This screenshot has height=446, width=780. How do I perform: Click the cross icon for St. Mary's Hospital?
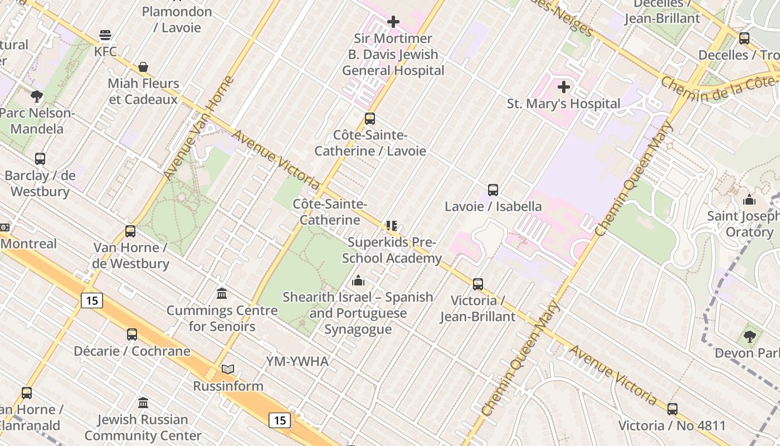564,87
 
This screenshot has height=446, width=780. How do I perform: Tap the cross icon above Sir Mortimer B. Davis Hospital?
393,22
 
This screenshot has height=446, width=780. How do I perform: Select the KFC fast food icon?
105,36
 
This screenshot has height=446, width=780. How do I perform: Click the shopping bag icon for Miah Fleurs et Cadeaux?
143,67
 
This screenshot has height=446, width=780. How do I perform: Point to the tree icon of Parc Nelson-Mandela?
37,96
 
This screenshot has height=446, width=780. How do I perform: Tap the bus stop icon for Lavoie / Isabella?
493,190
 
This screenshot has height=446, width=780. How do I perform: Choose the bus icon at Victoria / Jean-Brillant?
478,284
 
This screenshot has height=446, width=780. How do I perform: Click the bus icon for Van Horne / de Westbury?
130,231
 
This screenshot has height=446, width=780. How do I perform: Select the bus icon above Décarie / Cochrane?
132,334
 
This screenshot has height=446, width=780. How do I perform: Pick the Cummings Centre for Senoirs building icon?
222,294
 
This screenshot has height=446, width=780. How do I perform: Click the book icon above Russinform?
228,369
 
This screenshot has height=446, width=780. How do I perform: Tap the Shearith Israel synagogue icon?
358,280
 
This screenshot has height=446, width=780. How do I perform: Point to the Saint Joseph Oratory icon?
749,199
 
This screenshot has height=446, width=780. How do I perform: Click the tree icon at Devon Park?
750,336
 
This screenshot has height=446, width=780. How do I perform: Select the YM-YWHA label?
297,361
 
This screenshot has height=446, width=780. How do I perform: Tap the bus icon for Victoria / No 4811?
672,409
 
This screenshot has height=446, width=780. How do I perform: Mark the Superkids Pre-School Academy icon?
391,226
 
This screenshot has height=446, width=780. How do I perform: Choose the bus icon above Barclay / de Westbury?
40,159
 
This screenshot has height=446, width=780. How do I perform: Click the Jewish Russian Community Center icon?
143,403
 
